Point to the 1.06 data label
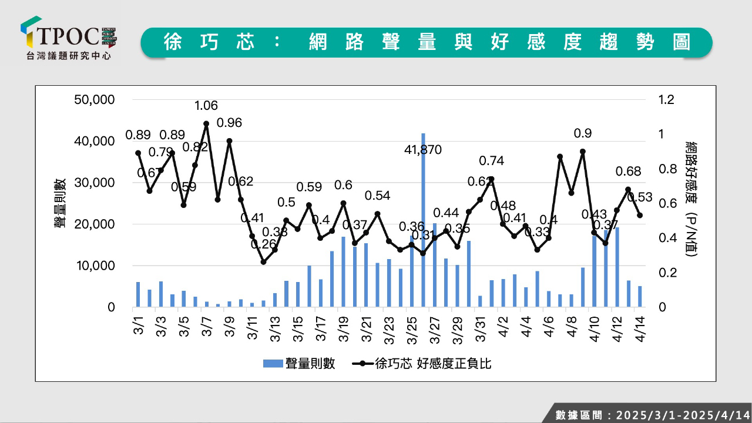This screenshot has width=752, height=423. (x=206, y=106)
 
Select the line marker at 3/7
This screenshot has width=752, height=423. (x=206, y=124)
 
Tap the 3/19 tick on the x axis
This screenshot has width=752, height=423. (x=344, y=322)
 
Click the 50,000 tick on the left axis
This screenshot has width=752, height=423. (x=94, y=99)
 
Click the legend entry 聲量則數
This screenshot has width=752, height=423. (x=300, y=364)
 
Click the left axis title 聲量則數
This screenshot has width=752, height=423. (x=61, y=203)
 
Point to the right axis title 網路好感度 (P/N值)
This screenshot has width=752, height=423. (x=691, y=200)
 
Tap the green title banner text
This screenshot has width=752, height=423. (x=427, y=42)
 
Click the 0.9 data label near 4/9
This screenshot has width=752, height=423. (x=582, y=133)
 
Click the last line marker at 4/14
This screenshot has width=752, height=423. (x=640, y=216)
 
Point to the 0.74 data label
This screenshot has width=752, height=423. (x=491, y=161)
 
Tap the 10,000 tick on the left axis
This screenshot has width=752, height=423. (x=94, y=266)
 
